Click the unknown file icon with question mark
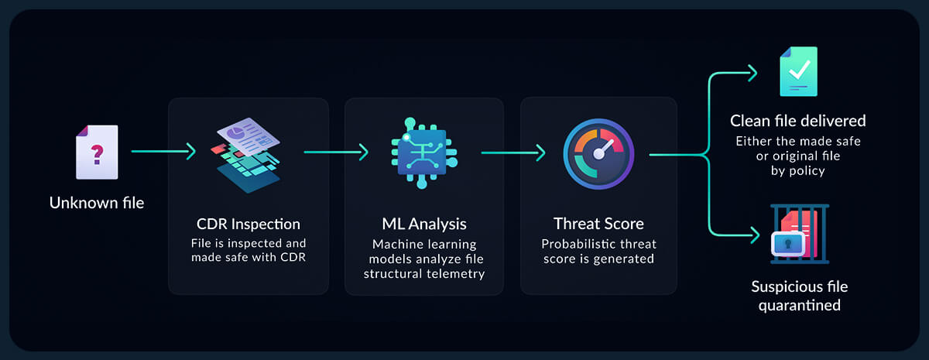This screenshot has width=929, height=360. [x=97, y=153]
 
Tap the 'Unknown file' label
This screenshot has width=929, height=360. [x=97, y=203]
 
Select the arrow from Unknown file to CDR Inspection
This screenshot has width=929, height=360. [x=163, y=152]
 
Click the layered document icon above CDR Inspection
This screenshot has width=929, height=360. [x=248, y=155]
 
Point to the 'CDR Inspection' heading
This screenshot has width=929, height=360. [x=248, y=224]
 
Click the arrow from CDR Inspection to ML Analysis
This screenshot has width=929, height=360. [x=336, y=153]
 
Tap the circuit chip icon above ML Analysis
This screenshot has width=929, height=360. [x=424, y=153]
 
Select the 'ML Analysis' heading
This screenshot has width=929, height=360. [x=424, y=224]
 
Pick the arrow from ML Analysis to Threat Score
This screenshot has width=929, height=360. [x=513, y=153]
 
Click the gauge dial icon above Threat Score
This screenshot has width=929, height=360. [x=598, y=154]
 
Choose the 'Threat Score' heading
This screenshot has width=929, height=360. [x=598, y=224]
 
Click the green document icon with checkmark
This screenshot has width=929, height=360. [x=798, y=71]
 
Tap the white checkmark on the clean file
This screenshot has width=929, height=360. [x=799, y=69]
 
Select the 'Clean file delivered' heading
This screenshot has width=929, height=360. [x=798, y=121]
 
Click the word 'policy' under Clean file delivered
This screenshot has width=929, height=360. [x=807, y=171]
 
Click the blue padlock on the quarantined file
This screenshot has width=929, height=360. [x=788, y=243]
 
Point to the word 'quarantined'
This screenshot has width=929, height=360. [x=800, y=305]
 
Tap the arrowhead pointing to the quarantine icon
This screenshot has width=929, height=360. [x=755, y=235]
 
